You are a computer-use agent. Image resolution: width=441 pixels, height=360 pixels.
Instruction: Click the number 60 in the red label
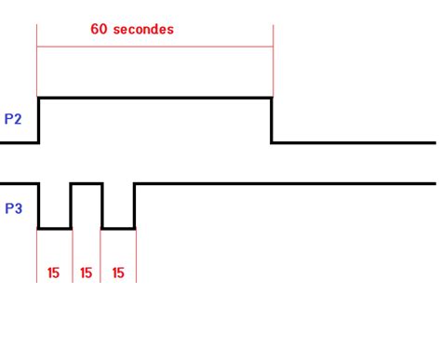[100, 29]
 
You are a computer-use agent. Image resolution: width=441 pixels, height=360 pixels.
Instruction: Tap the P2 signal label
[13, 119]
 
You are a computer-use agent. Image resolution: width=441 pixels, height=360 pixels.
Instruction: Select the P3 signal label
[13, 208]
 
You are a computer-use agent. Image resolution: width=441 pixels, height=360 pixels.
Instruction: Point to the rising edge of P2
[38, 119]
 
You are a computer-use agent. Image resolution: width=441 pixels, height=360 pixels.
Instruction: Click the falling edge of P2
[272, 119]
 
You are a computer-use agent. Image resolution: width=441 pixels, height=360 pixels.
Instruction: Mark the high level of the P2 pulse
[154, 97]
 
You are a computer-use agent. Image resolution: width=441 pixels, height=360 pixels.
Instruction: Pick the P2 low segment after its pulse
[354, 142]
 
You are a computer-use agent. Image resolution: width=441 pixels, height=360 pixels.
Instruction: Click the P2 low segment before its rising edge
[19, 142]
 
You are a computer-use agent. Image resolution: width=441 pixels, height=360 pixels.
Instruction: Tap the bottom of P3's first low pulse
[54, 227]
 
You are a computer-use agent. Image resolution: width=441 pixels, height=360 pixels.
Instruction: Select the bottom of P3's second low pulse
[118, 227]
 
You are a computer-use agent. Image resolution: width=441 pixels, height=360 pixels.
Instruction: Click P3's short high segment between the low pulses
[87, 183]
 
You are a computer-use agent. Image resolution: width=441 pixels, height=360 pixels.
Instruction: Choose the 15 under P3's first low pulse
[54, 273]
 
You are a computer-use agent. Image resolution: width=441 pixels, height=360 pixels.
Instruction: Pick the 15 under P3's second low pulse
[118, 273]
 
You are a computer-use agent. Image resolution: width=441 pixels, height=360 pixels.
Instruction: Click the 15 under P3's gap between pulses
[87, 273]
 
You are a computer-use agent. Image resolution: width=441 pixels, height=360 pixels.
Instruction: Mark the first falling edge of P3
[38, 205]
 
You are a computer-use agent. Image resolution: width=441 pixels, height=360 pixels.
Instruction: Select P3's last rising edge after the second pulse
[135, 205]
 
